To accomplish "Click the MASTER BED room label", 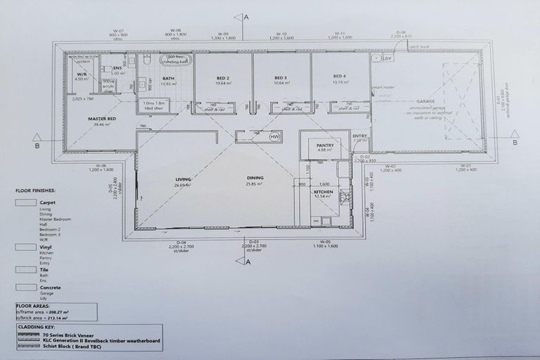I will point(102,119).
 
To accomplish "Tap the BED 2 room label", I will point(224,77).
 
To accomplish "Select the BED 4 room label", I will point(340,77).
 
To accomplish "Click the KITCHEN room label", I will point(323,192).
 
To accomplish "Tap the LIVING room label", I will point(183,179).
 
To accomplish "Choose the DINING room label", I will point(254,177).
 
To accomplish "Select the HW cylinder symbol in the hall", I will point(275,135).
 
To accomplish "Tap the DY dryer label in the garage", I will point(387,58).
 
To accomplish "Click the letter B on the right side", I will point(515,143).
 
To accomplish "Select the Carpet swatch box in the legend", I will point(26,202).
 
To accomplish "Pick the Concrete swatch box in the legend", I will point(26,288).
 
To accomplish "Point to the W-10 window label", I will point(282,33).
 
